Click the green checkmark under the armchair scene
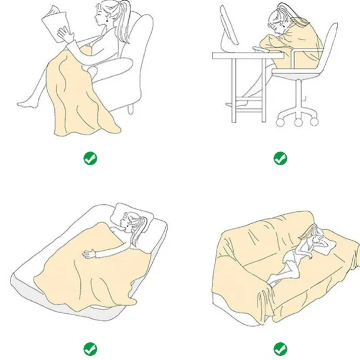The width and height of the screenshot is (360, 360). pos(90,158)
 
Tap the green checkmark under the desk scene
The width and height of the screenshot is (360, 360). pos(280,158)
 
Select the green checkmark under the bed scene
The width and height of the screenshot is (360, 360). pos(90,348)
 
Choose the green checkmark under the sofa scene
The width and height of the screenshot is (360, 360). pos(280,348)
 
